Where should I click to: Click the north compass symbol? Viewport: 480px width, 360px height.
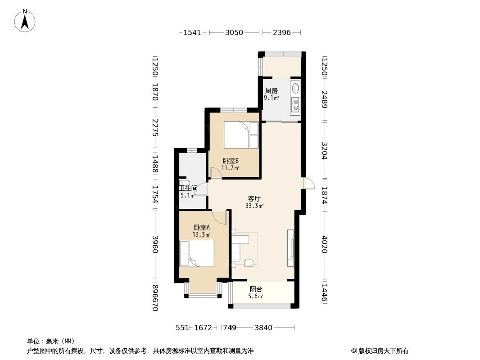(25, 20)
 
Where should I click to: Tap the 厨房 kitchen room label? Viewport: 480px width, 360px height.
(271, 90)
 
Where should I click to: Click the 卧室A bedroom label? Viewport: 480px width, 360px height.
(202, 228)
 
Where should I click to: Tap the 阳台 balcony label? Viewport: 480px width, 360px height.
(256, 289)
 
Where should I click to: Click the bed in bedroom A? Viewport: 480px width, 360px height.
(197, 253)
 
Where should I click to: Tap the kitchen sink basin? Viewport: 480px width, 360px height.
(295, 88)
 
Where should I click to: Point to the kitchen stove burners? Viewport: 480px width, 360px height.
(295, 104)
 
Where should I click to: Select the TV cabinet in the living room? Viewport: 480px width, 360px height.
(291, 248)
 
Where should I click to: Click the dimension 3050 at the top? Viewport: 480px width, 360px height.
(234, 32)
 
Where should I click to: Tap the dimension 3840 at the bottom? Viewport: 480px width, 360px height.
(263, 328)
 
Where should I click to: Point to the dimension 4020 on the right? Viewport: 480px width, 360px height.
(324, 244)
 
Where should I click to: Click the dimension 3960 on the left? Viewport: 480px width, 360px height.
(155, 244)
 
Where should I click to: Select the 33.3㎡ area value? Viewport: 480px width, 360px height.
(254, 206)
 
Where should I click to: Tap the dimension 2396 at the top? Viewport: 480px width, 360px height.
(282, 32)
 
